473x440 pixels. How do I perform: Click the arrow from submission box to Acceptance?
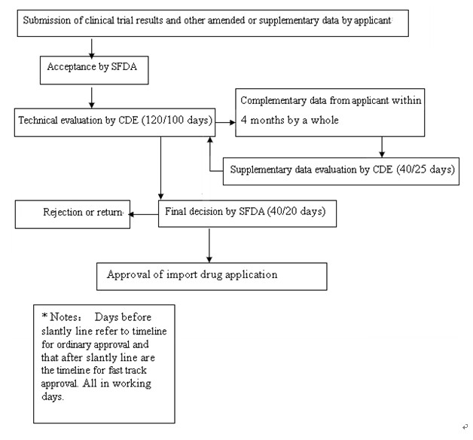[x=92, y=47]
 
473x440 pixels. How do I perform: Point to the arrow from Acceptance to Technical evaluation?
[x=92, y=98]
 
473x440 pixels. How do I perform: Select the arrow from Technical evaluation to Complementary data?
[x=225, y=122]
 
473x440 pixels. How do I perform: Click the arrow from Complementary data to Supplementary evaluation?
[x=382, y=147]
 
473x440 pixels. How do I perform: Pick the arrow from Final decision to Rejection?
[x=143, y=214]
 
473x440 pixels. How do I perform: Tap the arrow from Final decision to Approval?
[x=209, y=246]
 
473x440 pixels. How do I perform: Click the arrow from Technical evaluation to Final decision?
[x=160, y=168]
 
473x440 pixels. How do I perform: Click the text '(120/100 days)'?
[x=177, y=120]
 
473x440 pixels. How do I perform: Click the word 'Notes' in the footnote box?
[x=64, y=317]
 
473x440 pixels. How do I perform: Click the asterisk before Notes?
[x=44, y=316]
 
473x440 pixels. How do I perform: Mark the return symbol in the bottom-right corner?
[x=465, y=426]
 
